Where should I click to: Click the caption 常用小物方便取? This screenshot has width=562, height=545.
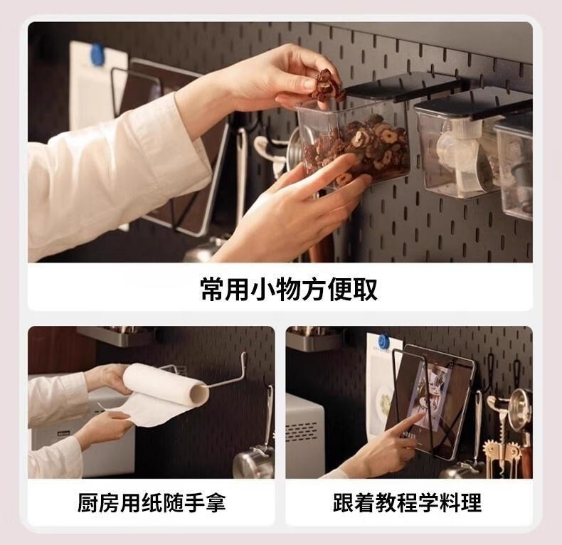point(289,289)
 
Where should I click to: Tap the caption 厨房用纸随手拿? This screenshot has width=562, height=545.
point(152,502)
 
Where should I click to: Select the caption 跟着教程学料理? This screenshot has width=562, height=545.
point(407,502)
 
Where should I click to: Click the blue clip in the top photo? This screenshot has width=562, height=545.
point(97,54)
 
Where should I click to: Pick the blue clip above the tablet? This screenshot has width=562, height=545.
point(384,340)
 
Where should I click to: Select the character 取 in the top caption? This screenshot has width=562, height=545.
point(365,289)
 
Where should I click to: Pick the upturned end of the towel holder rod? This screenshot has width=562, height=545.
point(245,359)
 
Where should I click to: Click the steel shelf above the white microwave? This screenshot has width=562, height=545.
point(315,338)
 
